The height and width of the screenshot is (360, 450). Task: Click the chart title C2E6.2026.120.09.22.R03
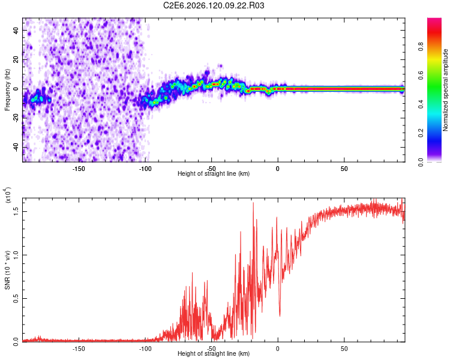(x=214, y=5)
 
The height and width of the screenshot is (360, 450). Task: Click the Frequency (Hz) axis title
(x=7, y=90)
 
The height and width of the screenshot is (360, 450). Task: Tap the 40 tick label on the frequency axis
(x=16, y=31)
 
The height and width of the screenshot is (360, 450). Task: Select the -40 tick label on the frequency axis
(x=16, y=147)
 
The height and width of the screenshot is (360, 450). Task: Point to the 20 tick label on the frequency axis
(x=16, y=60)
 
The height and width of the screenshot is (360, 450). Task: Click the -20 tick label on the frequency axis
(x=16, y=118)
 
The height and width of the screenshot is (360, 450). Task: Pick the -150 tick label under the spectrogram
(x=79, y=169)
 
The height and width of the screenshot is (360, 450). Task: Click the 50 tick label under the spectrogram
(x=344, y=169)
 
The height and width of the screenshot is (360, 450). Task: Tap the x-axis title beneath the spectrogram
(x=214, y=173)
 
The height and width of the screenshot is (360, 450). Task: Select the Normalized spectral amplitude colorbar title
(x=445, y=90)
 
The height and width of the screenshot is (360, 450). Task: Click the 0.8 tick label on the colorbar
(x=421, y=47)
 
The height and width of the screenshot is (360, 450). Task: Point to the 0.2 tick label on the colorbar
(x=421, y=133)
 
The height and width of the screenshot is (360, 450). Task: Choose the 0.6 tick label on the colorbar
(x=421, y=76)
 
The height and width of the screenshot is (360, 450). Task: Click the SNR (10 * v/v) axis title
(x=7, y=270)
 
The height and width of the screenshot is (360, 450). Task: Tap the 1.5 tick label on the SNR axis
(x=16, y=212)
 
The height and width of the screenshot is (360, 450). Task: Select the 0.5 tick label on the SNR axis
(x=16, y=299)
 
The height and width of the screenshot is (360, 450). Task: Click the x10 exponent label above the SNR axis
(x=8, y=195)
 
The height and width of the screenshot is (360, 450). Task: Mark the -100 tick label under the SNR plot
(x=145, y=349)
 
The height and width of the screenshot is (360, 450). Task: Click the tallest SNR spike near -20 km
(x=253, y=203)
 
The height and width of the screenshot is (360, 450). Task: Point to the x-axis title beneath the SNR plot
(x=214, y=353)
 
